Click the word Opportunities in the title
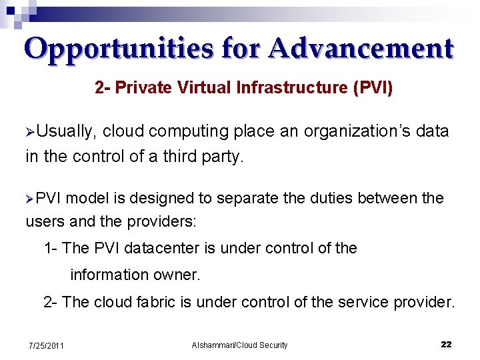click(119, 49)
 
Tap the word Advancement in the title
click(362, 49)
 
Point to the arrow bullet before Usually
click(30, 132)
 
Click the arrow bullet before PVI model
click(30, 199)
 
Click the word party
click(223, 157)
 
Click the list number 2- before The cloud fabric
click(51, 302)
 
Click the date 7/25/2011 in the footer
click(46, 345)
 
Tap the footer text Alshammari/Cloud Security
click(239, 345)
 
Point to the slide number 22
click(446, 345)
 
